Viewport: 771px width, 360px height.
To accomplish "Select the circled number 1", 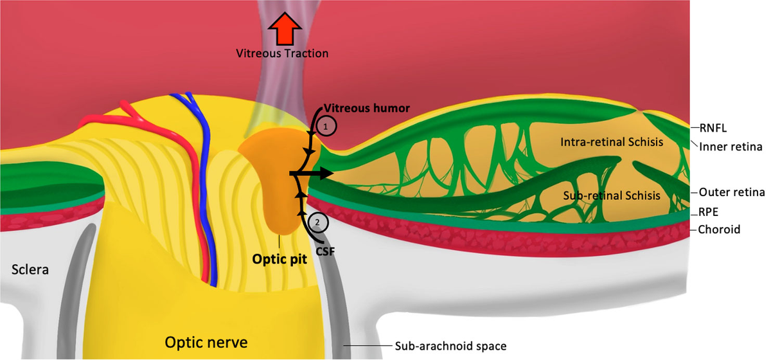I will point(327,127).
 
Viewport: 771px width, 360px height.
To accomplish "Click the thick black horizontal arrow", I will point(312,174).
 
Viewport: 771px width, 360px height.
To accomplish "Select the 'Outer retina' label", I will point(731,192).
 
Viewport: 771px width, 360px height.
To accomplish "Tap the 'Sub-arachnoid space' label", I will point(450,346).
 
